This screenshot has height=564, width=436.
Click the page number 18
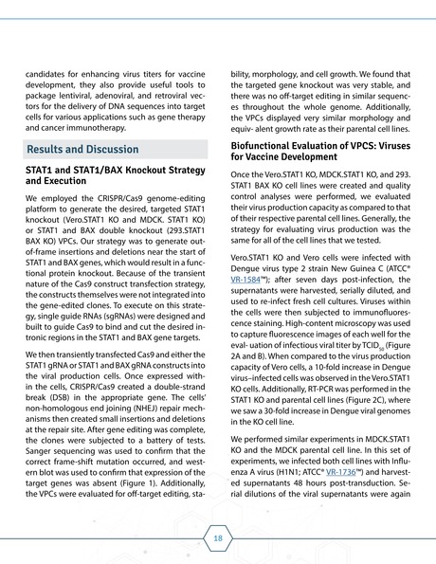pos(218,537)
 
